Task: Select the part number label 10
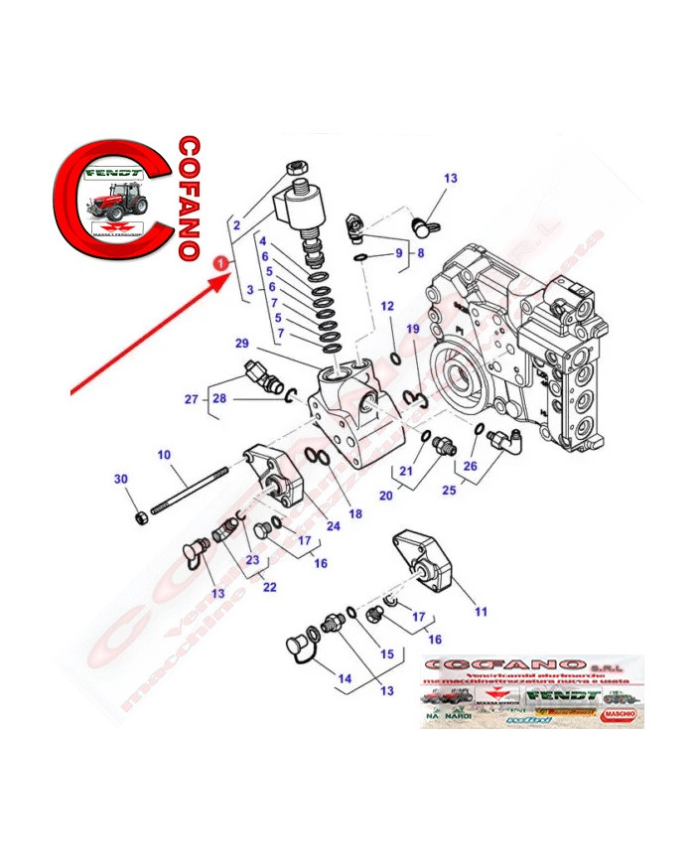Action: [x=164, y=454]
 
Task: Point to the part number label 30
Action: [x=121, y=480]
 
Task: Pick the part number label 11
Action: [x=481, y=612]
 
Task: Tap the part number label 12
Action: [x=388, y=306]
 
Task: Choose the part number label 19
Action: [x=413, y=329]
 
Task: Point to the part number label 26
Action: [x=470, y=467]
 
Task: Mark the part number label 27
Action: [x=191, y=400]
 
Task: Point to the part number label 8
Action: [x=419, y=253]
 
